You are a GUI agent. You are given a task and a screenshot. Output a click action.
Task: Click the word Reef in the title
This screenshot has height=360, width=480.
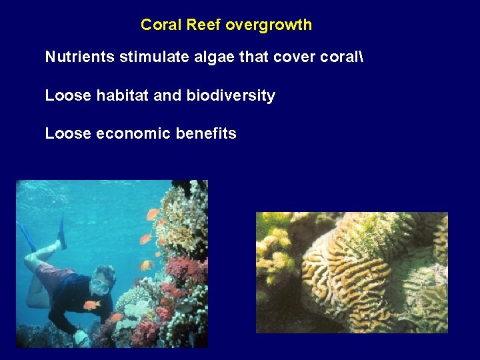[204, 25]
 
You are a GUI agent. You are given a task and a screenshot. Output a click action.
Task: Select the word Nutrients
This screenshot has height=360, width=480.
[80, 57]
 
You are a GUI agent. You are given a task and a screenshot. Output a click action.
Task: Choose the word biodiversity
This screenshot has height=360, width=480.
[230, 95]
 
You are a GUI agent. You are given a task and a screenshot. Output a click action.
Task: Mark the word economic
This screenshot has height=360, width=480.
[133, 133]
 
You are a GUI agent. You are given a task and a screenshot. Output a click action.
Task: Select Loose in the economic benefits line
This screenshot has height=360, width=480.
[67, 133]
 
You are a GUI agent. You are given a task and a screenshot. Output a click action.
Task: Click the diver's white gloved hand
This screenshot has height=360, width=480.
[82, 337]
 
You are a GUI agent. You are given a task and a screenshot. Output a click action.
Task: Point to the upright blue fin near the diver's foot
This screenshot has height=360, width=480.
[61, 231]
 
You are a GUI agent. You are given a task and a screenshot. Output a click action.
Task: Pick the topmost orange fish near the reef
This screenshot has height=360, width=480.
[153, 215]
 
